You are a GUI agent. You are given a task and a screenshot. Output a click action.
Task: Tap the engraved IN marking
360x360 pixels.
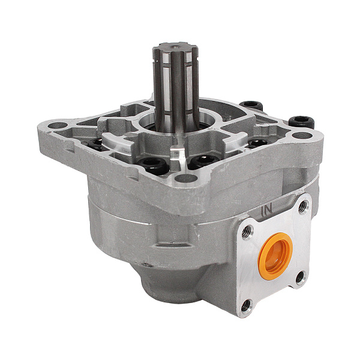[267, 208]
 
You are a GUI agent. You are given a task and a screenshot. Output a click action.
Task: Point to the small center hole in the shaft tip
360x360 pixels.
[176, 47]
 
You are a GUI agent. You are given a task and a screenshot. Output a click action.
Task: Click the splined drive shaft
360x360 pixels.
[176, 87]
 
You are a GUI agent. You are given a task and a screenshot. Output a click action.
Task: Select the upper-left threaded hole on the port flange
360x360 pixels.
[247, 231]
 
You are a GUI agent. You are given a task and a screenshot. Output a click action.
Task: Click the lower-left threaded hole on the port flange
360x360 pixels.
[247, 305]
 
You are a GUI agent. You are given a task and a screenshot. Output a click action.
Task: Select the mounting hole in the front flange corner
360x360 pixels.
[185, 178]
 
